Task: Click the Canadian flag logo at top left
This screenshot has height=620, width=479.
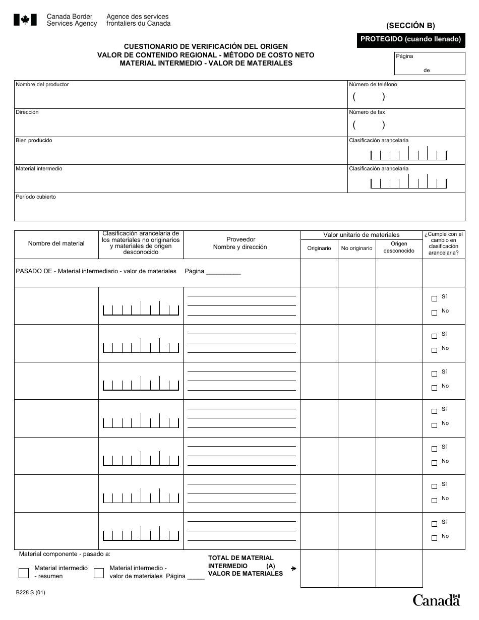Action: click(22, 20)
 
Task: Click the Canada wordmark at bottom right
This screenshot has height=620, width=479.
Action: click(437, 600)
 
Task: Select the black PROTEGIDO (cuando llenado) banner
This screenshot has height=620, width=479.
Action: click(410, 39)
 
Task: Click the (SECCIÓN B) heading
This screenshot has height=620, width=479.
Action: click(410, 26)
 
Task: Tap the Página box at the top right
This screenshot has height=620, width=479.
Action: click(430, 64)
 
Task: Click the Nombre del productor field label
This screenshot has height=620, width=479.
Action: click(42, 85)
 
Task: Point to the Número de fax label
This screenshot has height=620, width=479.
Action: click(367, 112)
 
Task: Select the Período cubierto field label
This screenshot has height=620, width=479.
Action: click(36, 197)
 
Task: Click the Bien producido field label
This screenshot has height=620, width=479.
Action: click(34, 141)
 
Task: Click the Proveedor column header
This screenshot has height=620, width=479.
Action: click(241, 239)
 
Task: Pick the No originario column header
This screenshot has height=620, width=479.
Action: click(356, 248)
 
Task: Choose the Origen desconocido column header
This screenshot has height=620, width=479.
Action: click(399, 247)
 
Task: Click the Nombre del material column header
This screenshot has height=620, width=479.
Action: click(56, 243)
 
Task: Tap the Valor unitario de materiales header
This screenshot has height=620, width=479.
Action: click(362, 235)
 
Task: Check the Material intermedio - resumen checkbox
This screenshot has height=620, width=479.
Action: click(24, 573)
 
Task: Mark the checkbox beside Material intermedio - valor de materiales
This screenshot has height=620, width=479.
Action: click(99, 573)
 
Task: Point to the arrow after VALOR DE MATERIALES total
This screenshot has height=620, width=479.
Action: click(293, 569)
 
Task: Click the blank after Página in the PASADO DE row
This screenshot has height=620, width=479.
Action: click(223, 272)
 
